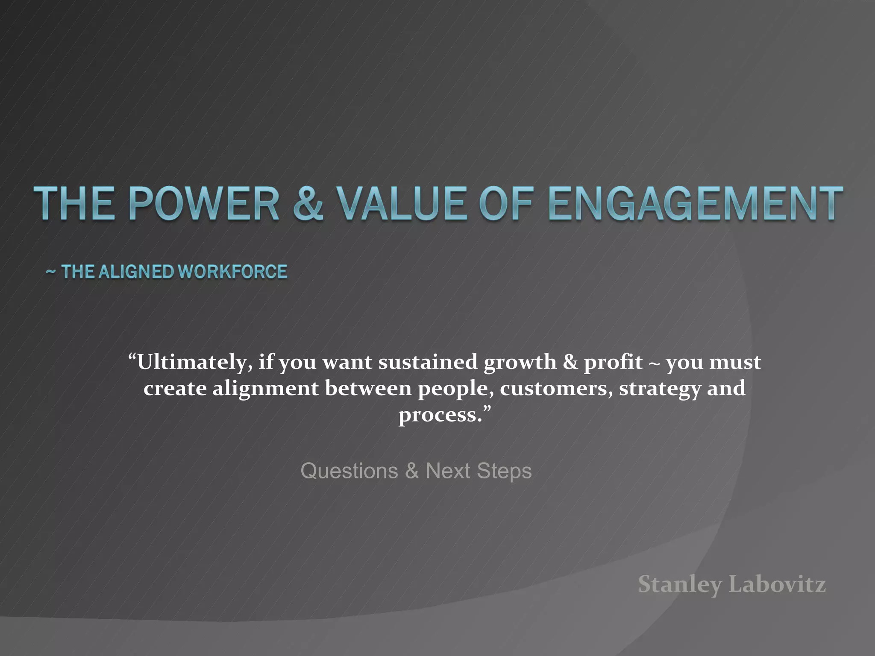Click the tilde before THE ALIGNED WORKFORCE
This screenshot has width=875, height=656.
coord(51,272)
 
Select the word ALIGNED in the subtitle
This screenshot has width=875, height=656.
coord(136,272)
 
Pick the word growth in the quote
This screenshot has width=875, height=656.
coord(520,362)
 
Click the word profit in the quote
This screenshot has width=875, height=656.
coord(613,362)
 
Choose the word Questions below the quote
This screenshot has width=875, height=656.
coord(349,471)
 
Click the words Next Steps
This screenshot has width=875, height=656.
coord(479,471)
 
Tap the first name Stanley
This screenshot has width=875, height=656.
coord(680,584)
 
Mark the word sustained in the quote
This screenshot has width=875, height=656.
coord(428,362)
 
